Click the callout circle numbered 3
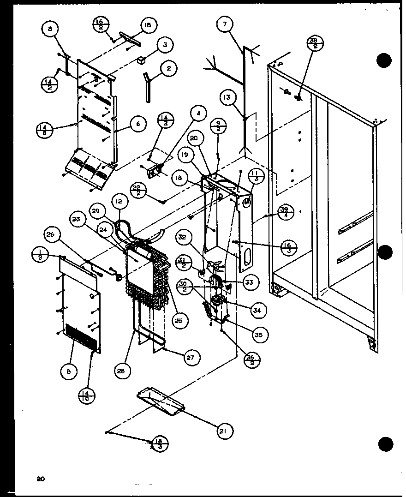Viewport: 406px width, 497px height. pyautogui.click(x=165, y=45)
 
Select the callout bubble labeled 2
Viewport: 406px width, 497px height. pyautogui.click(x=168, y=69)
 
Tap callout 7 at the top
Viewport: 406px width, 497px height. pyautogui.click(x=224, y=25)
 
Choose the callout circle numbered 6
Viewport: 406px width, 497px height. pyautogui.click(x=138, y=124)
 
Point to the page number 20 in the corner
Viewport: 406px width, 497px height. pyautogui.click(x=41, y=479)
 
